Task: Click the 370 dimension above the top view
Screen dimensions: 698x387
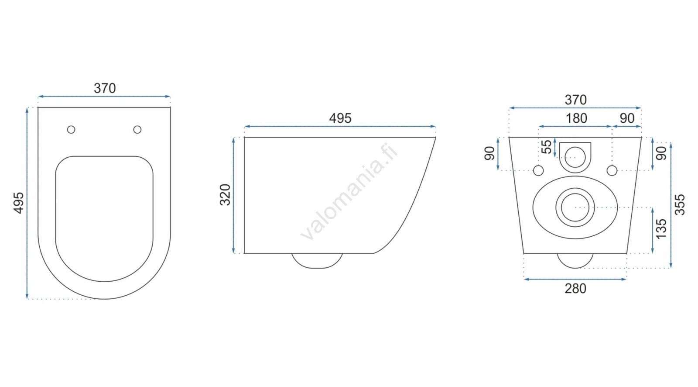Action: point(105,88)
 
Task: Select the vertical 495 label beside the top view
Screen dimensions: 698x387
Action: point(19,203)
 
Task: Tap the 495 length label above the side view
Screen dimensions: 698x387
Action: point(340,118)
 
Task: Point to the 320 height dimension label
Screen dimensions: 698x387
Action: point(225,195)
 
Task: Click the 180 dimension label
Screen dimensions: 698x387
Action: point(576,118)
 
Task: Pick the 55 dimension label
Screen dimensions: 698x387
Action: point(546,147)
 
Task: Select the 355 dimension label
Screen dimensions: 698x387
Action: point(680,205)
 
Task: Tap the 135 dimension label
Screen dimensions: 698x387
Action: point(661,229)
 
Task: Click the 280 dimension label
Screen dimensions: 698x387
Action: point(575,289)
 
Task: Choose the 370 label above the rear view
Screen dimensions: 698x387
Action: point(575,100)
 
